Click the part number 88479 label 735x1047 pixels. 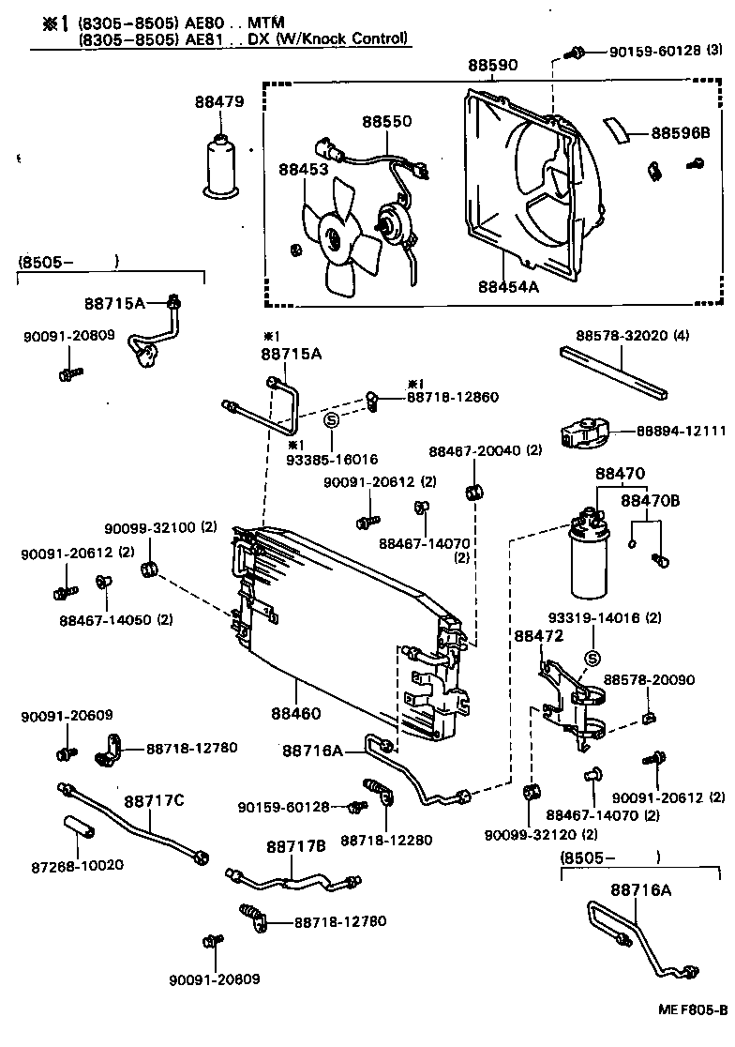220,101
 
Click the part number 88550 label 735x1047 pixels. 387,122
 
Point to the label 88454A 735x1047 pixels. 508,287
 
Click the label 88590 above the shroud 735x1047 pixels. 493,66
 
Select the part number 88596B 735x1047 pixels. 681,133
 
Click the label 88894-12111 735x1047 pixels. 681,430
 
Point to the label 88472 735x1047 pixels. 538,635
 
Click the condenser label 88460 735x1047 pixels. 297,713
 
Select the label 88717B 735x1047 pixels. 295,846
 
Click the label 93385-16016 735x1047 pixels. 333,460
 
